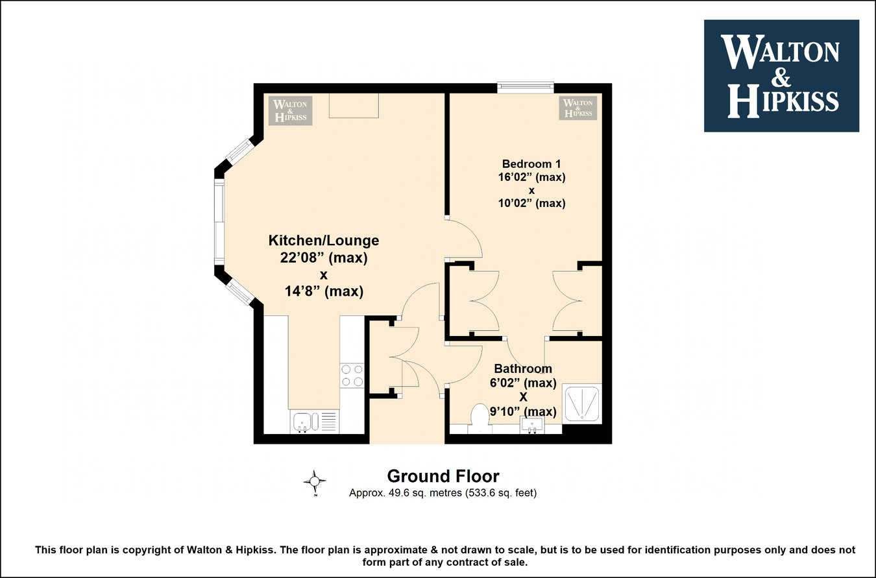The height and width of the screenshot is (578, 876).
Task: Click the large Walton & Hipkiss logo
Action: [781, 76]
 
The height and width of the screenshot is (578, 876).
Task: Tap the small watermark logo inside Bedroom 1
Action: [578, 108]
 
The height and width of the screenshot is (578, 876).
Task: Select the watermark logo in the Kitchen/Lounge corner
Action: [291, 110]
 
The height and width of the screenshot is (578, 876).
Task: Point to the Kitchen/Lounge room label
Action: [323, 241]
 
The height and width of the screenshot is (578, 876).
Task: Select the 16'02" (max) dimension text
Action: [533, 176]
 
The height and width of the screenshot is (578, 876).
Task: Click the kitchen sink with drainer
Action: [314, 422]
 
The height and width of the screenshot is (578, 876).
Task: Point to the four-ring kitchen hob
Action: [351, 374]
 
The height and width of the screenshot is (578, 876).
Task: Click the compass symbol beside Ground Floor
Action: [315, 481]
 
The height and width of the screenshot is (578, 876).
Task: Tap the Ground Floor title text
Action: [443, 477]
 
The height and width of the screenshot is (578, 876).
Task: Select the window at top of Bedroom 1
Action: [526, 88]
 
